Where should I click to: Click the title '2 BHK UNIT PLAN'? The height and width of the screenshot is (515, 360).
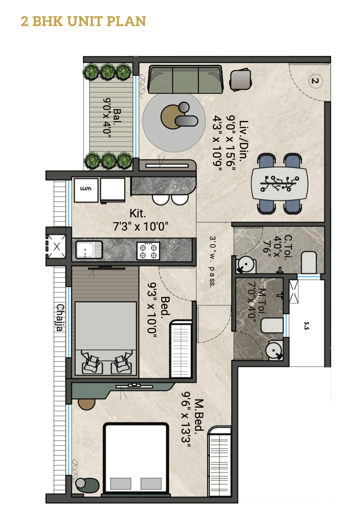pyautogui.click(x=84, y=21)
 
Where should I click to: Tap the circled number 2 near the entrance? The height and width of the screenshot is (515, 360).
pyautogui.click(x=315, y=81)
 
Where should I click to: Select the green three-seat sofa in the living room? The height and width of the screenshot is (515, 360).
pyautogui.click(x=186, y=80)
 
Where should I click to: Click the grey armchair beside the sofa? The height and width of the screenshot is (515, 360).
pyautogui.click(x=240, y=80)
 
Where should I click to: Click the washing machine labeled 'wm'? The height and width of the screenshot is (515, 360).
pyautogui.click(x=86, y=190)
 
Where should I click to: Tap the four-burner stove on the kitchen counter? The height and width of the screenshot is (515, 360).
pyautogui.click(x=148, y=251)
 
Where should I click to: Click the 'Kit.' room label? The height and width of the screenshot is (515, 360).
pyautogui.click(x=138, y=214)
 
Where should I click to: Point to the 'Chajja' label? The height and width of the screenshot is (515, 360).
pyautogui.click(x=60, y=317)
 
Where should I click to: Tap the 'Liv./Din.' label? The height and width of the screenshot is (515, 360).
pyautogui.click(x=243, y=141)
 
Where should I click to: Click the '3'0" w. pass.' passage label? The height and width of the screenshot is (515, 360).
pyautogui.click(x=212, y=262)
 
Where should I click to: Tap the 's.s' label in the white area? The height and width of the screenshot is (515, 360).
pyautogui.click(x=307, y=326)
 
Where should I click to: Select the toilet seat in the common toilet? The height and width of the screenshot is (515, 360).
pyautogui.click(x=309, y=262)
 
